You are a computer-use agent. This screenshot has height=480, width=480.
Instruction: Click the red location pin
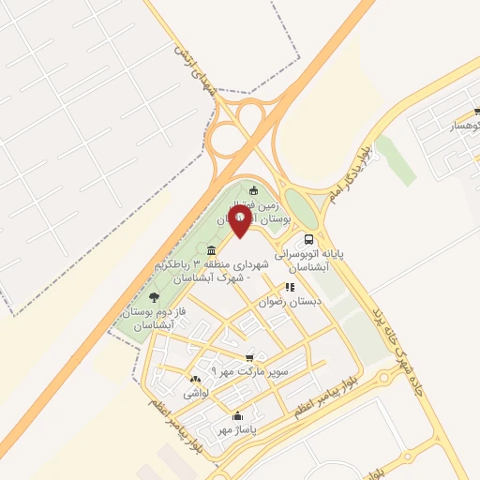pos(240,222)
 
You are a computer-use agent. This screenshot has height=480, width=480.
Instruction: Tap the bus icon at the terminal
pos(309,238)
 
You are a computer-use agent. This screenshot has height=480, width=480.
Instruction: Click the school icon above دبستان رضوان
pos(290,287)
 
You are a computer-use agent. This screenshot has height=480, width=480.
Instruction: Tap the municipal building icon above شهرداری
pos(212,250)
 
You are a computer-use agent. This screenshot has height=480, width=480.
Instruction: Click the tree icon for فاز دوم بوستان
pos(154,297)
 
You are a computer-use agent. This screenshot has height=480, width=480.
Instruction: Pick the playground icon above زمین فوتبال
pos(253,191)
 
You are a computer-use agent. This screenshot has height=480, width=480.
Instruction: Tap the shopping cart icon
pos(249,357)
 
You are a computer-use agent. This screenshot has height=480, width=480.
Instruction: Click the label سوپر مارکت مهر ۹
pos(247,372)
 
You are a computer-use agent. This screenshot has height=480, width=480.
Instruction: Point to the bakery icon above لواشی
pos(196,382)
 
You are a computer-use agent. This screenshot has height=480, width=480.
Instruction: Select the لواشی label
pos(196,396)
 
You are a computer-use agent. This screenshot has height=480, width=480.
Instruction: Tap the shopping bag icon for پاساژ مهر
pos(237,416)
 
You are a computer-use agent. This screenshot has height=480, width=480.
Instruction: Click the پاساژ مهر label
pos(236,430)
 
